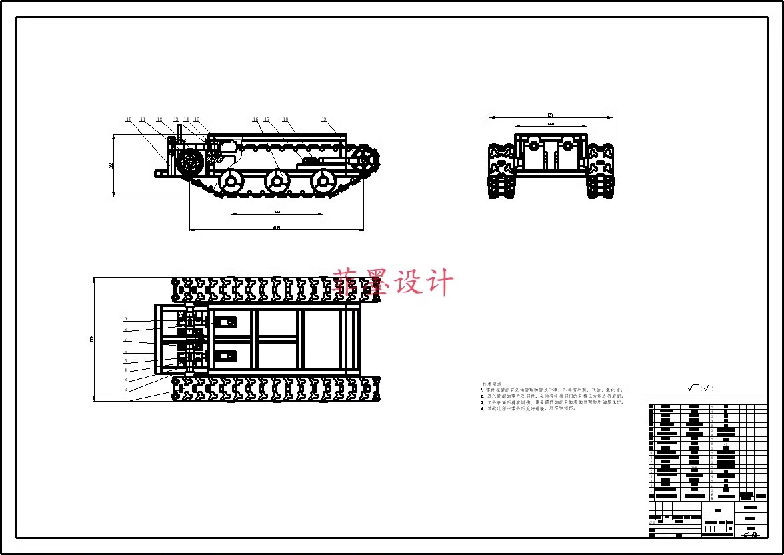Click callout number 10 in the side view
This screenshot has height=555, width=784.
129,119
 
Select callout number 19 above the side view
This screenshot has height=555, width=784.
324,119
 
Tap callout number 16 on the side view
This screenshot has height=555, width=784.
255,119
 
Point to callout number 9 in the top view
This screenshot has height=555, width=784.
125,319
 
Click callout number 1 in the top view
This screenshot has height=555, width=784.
125,400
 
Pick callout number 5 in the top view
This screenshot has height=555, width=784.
125,361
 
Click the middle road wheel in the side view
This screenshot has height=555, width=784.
277,180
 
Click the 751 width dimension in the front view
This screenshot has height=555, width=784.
551,115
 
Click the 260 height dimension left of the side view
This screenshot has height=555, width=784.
111,165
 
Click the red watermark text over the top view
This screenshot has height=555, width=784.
393,282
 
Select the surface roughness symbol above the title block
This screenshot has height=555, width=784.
700,388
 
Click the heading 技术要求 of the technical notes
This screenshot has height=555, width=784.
491,384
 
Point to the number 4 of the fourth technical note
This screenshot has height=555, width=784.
481,409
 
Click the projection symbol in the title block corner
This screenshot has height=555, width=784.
751,534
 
